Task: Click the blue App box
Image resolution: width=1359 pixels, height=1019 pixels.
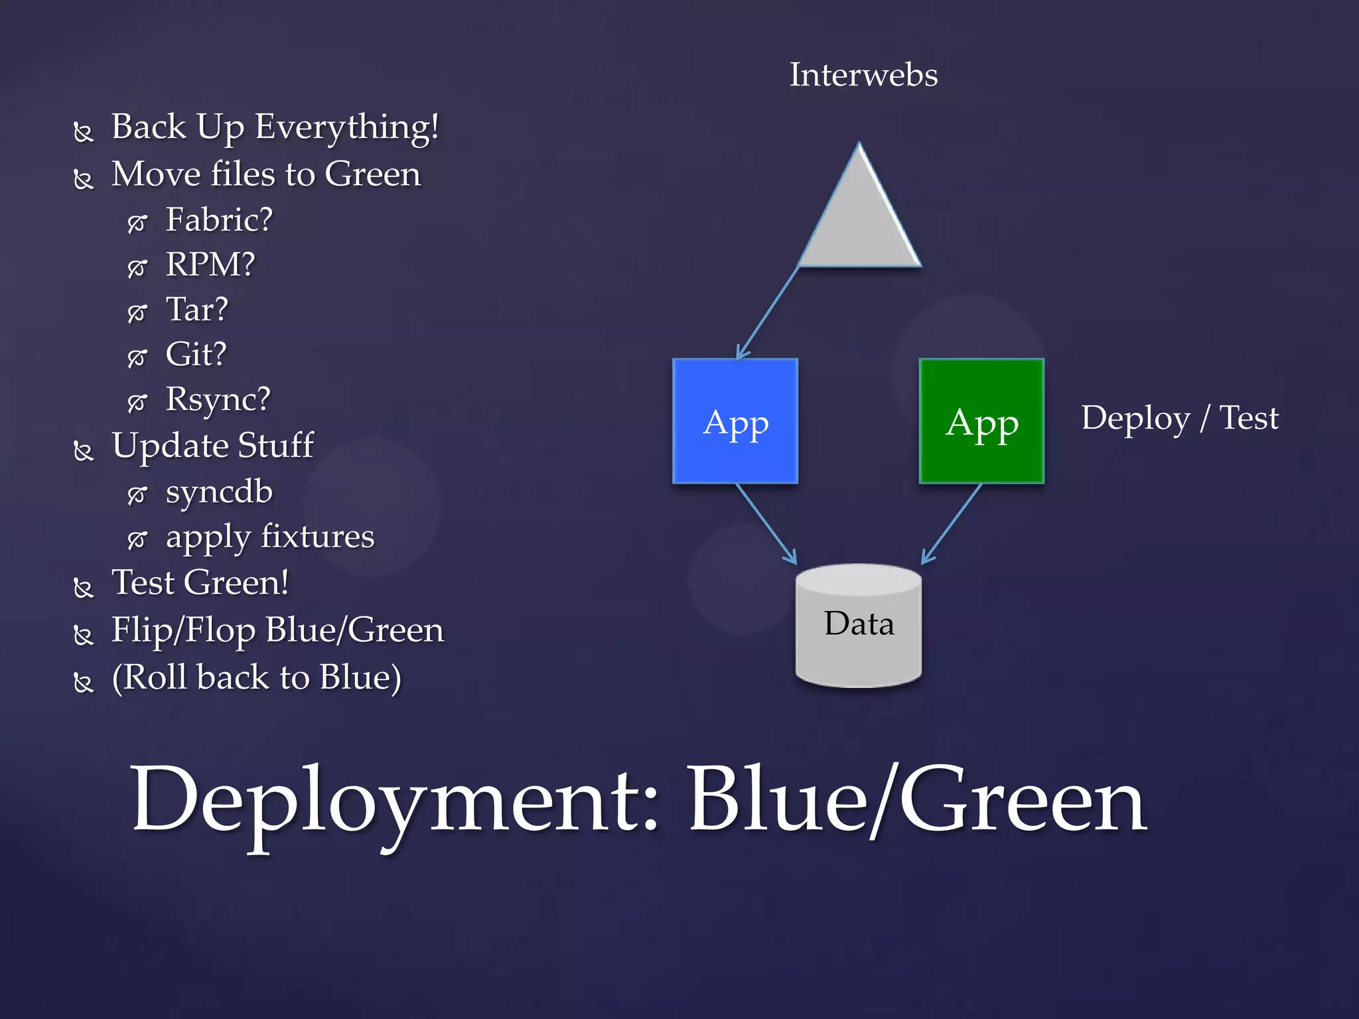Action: pos(735,421)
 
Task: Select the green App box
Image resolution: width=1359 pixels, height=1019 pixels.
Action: pos(981,421)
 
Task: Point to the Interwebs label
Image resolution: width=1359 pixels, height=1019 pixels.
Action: pos(863,74)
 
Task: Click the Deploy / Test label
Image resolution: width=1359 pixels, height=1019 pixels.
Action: pos(1180,419)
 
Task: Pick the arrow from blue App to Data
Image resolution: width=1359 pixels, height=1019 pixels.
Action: pos(766,523)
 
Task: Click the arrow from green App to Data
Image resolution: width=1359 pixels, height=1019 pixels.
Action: pos(952,523)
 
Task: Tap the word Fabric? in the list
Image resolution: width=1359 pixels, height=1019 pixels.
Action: pos(219,220)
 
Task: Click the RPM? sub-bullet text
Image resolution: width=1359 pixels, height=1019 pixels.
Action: pos(210,265)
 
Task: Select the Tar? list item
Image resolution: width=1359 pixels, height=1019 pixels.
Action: pos(196,310)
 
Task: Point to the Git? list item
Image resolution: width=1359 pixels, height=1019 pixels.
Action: pos(196,354)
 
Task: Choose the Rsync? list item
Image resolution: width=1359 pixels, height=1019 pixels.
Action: pos(218,399)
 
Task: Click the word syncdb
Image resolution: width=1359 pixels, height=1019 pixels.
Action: pos(219,492)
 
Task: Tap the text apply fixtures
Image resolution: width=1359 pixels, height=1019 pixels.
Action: pos(270,537)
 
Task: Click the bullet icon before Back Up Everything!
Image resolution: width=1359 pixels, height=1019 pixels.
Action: pos(83,132)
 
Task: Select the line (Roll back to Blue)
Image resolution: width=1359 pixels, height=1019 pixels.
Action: pos(256,678)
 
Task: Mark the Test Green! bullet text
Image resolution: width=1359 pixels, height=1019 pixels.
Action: pos(200,583)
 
